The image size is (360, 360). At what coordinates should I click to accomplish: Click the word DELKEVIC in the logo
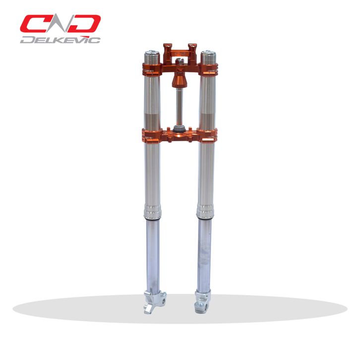pyautogui.click(x=60, y=40)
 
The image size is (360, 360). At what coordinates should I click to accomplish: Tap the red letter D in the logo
pyautogui.click(x=84, y=24)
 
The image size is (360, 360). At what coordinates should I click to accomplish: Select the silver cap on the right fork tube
pyautogui.click(x=208, y=57)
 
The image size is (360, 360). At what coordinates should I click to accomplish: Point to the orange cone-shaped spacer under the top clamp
pyautogui.click(x=180, y=80)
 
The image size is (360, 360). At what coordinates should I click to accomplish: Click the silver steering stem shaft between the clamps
pyautogui.click(x=180, y=107)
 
